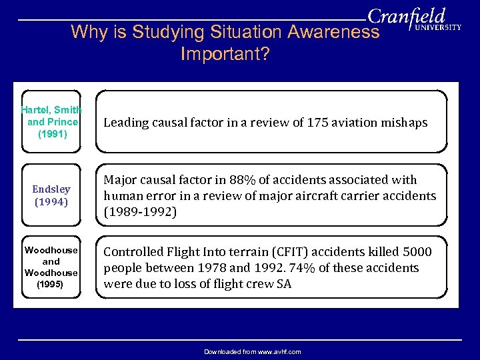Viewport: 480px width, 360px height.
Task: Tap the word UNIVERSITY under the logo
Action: [x=438, y=28]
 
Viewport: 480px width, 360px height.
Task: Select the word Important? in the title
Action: [x=225, y=54]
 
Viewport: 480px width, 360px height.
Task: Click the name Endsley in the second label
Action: [x=51, y=189]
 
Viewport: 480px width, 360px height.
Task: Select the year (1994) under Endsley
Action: [x=51, y=201]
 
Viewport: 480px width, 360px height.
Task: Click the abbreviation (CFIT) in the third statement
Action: [x=269, y=252]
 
